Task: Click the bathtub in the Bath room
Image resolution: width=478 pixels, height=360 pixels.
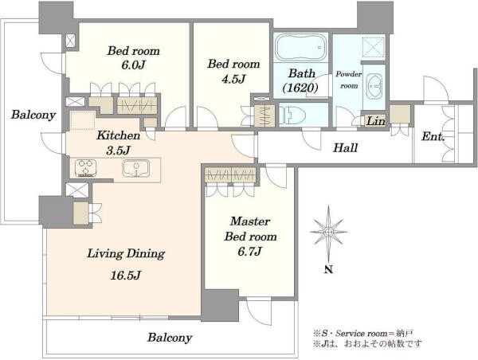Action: (300, 48)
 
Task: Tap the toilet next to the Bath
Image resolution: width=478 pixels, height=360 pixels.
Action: (293, 115)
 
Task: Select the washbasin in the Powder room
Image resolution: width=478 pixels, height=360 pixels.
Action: (374, 87)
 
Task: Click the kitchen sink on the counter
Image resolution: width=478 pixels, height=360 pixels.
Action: (136, 168)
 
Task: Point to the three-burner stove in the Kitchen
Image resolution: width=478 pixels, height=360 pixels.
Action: (86, 168)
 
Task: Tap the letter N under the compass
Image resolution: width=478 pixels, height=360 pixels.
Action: (328, 269)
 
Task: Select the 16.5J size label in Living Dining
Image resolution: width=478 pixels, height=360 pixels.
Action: (125, 276)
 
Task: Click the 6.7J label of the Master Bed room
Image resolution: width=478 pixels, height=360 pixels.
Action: (249, 251)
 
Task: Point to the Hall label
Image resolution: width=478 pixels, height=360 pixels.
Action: (345, 148)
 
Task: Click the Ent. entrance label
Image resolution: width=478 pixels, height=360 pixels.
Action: (433, 136)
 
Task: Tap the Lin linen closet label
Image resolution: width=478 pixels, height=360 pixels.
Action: (375, 121)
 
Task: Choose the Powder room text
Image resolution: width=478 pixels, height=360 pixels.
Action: (349, 80)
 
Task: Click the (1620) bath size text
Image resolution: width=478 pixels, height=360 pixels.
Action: (300, 88)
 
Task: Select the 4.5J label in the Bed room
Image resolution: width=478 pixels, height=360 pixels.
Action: (233, 79)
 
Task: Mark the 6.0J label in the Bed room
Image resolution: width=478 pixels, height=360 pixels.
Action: (133, 65)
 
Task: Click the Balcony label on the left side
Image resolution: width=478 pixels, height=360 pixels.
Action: (33, 115)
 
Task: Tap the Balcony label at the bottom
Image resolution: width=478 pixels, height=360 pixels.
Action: (170, 338)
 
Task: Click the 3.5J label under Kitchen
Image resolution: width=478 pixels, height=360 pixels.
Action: (118, 151)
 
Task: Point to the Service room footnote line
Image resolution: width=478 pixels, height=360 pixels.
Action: (362, 333)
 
